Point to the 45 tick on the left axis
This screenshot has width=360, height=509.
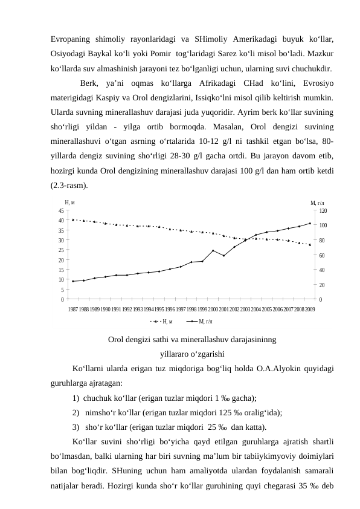point(61,210)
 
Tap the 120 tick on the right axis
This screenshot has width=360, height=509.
point(323,210)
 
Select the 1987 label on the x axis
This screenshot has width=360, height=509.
point(73,309)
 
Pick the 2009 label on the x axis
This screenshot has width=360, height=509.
point(310,309)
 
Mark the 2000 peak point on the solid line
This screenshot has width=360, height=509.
point(213,250)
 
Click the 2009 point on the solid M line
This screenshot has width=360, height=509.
point(310,224)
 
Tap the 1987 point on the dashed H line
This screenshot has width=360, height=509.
point(73,219)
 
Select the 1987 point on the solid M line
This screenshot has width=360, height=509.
point(73,281)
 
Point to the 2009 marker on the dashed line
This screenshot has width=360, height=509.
point(310,245)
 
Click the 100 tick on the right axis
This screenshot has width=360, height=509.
point(323,225)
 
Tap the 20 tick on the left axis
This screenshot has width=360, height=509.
point(61,260)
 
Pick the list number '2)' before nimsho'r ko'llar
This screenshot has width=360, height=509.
point(76,412)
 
